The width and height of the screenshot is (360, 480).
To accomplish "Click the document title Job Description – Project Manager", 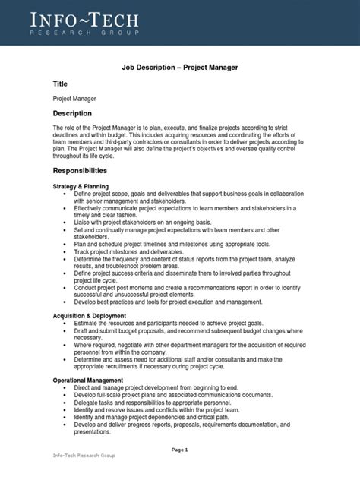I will [180, 67].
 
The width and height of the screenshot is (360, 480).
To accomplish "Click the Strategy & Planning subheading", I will [81, 186].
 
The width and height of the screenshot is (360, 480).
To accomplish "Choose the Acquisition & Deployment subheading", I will [90, 315].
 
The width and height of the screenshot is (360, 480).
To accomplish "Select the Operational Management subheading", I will [87, 380].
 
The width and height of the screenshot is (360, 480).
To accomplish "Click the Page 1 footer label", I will [180, 450].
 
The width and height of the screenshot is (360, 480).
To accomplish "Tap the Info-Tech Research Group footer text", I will [83, 456].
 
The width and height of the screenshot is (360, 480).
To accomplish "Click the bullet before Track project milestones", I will [66, 251].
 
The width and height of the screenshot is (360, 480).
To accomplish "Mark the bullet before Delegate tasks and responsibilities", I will [66, 400].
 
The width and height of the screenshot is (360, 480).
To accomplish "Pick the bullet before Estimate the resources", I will [66, 322].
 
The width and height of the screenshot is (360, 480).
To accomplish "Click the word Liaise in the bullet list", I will [83, 222].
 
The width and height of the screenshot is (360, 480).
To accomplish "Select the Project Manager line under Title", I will [74, 99].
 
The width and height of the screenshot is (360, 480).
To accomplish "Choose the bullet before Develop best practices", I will [66, 301].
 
